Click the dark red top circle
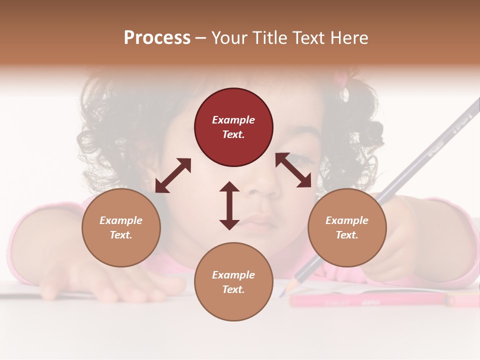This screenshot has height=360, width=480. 233,127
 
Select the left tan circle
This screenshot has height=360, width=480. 121,228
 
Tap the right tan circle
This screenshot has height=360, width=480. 347,228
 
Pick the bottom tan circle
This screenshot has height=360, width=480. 233,282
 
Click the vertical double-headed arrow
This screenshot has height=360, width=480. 229,205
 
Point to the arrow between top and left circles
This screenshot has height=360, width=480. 173,175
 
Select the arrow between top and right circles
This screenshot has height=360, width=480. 293,170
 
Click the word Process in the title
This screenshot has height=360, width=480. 157,38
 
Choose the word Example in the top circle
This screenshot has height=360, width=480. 233,120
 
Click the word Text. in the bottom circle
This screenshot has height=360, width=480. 233,289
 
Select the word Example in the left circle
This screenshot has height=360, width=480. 121,220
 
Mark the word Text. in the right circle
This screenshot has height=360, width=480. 347,235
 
